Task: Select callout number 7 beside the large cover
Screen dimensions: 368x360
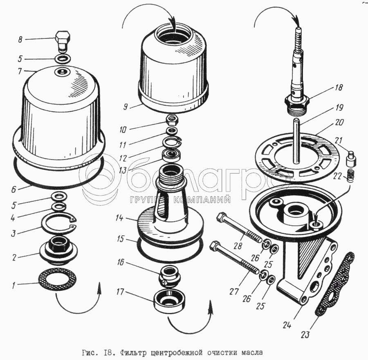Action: (20, 71)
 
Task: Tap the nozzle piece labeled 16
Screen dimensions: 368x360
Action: (168, 275)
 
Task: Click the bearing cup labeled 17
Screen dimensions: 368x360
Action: (170, 301)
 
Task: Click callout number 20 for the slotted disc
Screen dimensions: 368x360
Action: (339, 122)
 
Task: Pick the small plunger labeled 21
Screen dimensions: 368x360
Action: (350, 157)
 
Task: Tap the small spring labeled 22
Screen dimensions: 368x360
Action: (350, 176)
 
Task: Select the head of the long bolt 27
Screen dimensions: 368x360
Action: (214, 246)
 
